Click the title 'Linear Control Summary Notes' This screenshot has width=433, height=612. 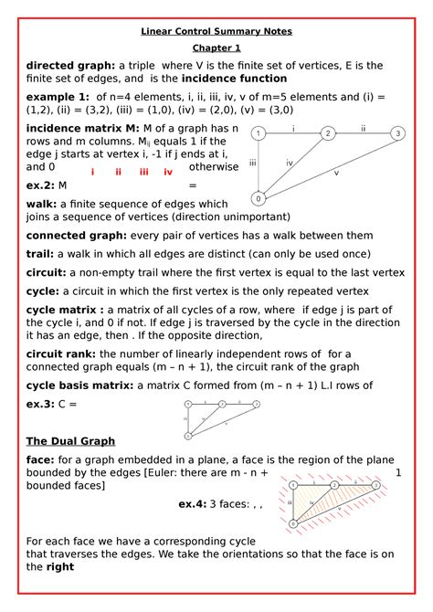216,31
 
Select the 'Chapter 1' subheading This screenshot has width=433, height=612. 216,48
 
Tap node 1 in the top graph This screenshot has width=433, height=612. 259,134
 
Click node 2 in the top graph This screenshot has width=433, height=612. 327,133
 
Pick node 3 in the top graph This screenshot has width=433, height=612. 396,133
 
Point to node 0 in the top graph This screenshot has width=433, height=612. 259,197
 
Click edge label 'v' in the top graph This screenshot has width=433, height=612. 336,172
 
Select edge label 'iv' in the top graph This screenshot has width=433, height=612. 289,163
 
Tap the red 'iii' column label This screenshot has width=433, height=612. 143,172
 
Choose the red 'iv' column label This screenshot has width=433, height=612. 168,172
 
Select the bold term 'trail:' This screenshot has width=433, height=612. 44,253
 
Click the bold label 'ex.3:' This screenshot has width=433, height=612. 41,403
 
